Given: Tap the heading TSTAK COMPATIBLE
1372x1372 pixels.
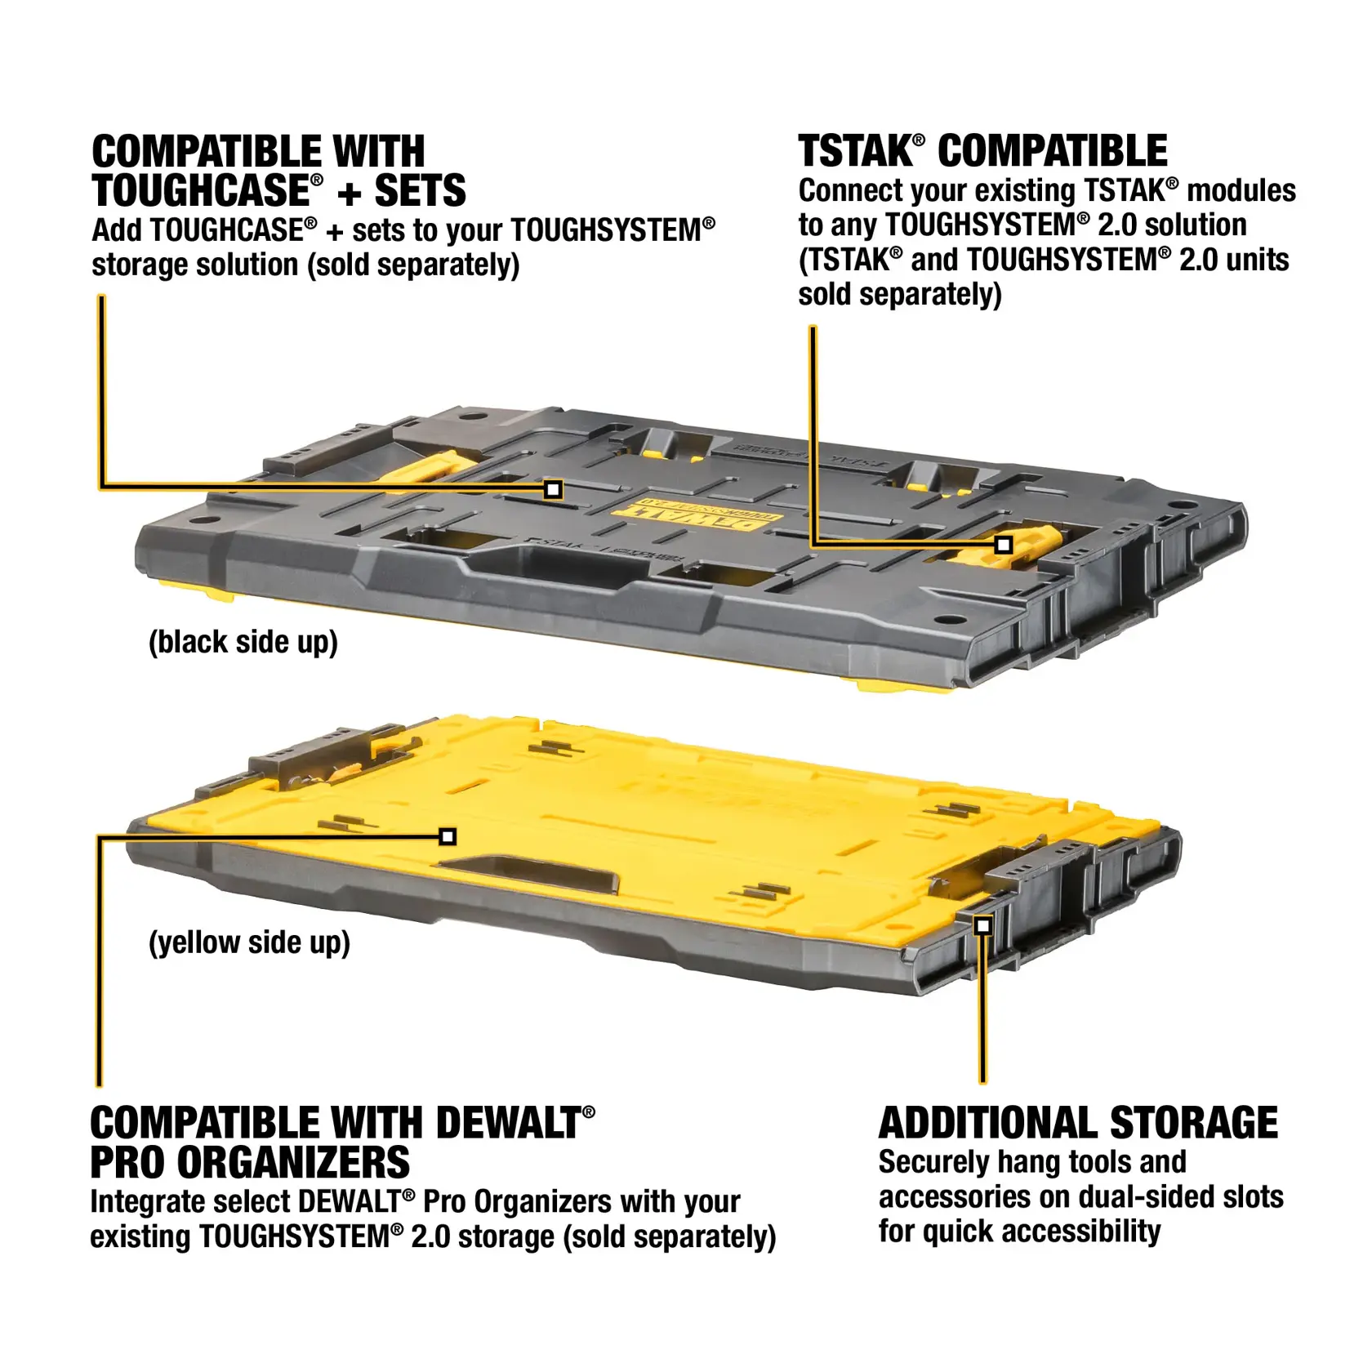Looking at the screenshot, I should [x=982, y=152].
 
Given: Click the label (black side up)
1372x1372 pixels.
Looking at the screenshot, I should [x=243, y=642].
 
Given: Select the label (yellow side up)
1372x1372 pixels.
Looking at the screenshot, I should [x=249, y=942].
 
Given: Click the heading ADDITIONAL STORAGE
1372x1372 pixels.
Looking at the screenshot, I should [x=1078, y=1123].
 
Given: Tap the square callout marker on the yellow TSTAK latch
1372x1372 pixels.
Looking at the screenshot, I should [x=1004, y=545].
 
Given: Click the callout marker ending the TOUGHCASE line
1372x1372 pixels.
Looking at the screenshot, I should [x=553, y=489].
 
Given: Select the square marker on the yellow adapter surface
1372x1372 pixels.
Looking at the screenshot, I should [x=448, y=836].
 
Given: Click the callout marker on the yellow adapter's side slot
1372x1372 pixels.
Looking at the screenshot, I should [x=983, y=925].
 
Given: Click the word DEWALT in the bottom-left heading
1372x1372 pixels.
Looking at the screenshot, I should [x=506, y=1124].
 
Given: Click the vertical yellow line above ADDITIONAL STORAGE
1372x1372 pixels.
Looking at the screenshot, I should [x=983, y=1013].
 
